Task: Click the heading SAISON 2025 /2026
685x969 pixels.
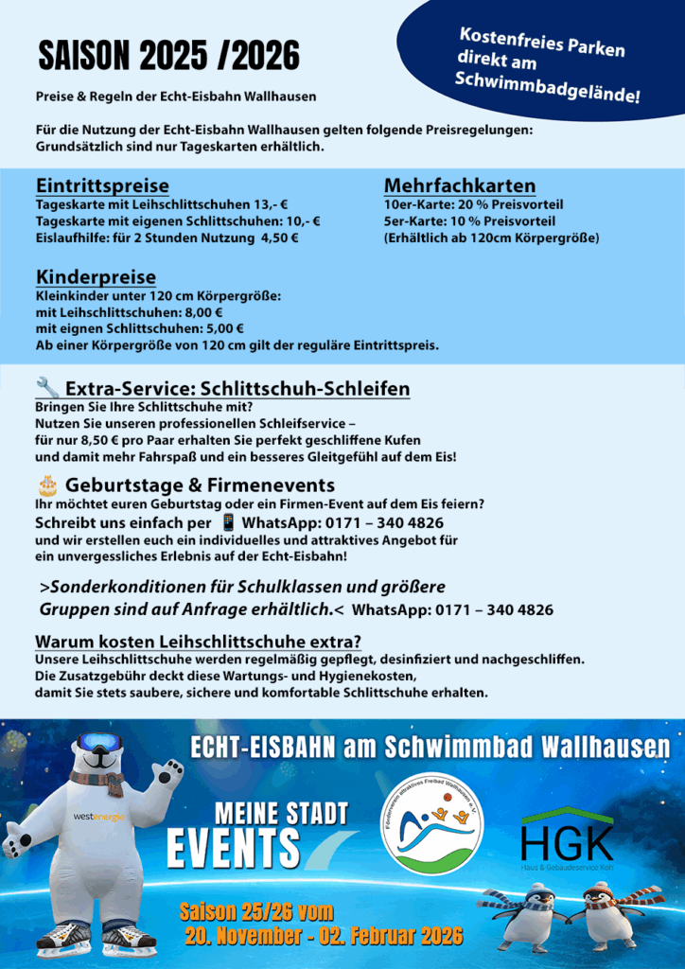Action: coord(168,58)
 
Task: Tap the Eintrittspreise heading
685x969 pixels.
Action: coord(102,185)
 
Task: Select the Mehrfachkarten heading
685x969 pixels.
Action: coord(460,185)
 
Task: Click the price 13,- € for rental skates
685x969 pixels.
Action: coord(271,204)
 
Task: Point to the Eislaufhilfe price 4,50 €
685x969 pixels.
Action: coord(280,238)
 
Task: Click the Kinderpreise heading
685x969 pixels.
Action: coord(96,277)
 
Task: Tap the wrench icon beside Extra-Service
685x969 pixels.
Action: coord(46,387)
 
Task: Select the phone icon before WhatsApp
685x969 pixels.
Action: coord(228,522)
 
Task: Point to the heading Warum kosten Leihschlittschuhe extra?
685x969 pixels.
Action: coord(198,641)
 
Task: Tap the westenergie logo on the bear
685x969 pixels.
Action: coord(99,816)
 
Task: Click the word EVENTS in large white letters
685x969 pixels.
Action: coord(234,847)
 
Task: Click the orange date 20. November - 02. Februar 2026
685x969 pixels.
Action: coord(324,937)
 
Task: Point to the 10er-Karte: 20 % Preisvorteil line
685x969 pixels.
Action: coord(473,204)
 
